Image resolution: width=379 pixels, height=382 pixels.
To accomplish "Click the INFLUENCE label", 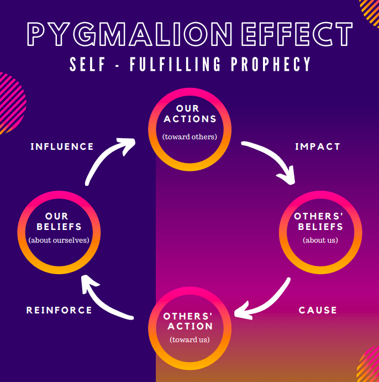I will (62, 146).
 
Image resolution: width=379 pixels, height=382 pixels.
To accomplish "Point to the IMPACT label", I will (318, 146).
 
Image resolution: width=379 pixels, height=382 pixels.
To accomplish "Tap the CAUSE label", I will (318, 310).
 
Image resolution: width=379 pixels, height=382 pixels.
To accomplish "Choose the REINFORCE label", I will (60, 310).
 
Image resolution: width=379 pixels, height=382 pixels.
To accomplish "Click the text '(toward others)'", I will (189, 137).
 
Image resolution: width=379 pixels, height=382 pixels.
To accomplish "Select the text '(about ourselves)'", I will (59, 240).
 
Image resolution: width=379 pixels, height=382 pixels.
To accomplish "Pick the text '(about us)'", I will (320, 240).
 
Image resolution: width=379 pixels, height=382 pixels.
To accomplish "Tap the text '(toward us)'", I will (189, 339).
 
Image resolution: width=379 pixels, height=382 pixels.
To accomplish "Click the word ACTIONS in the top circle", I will (189, 119).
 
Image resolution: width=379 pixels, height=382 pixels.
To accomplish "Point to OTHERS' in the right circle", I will (320, 216).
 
